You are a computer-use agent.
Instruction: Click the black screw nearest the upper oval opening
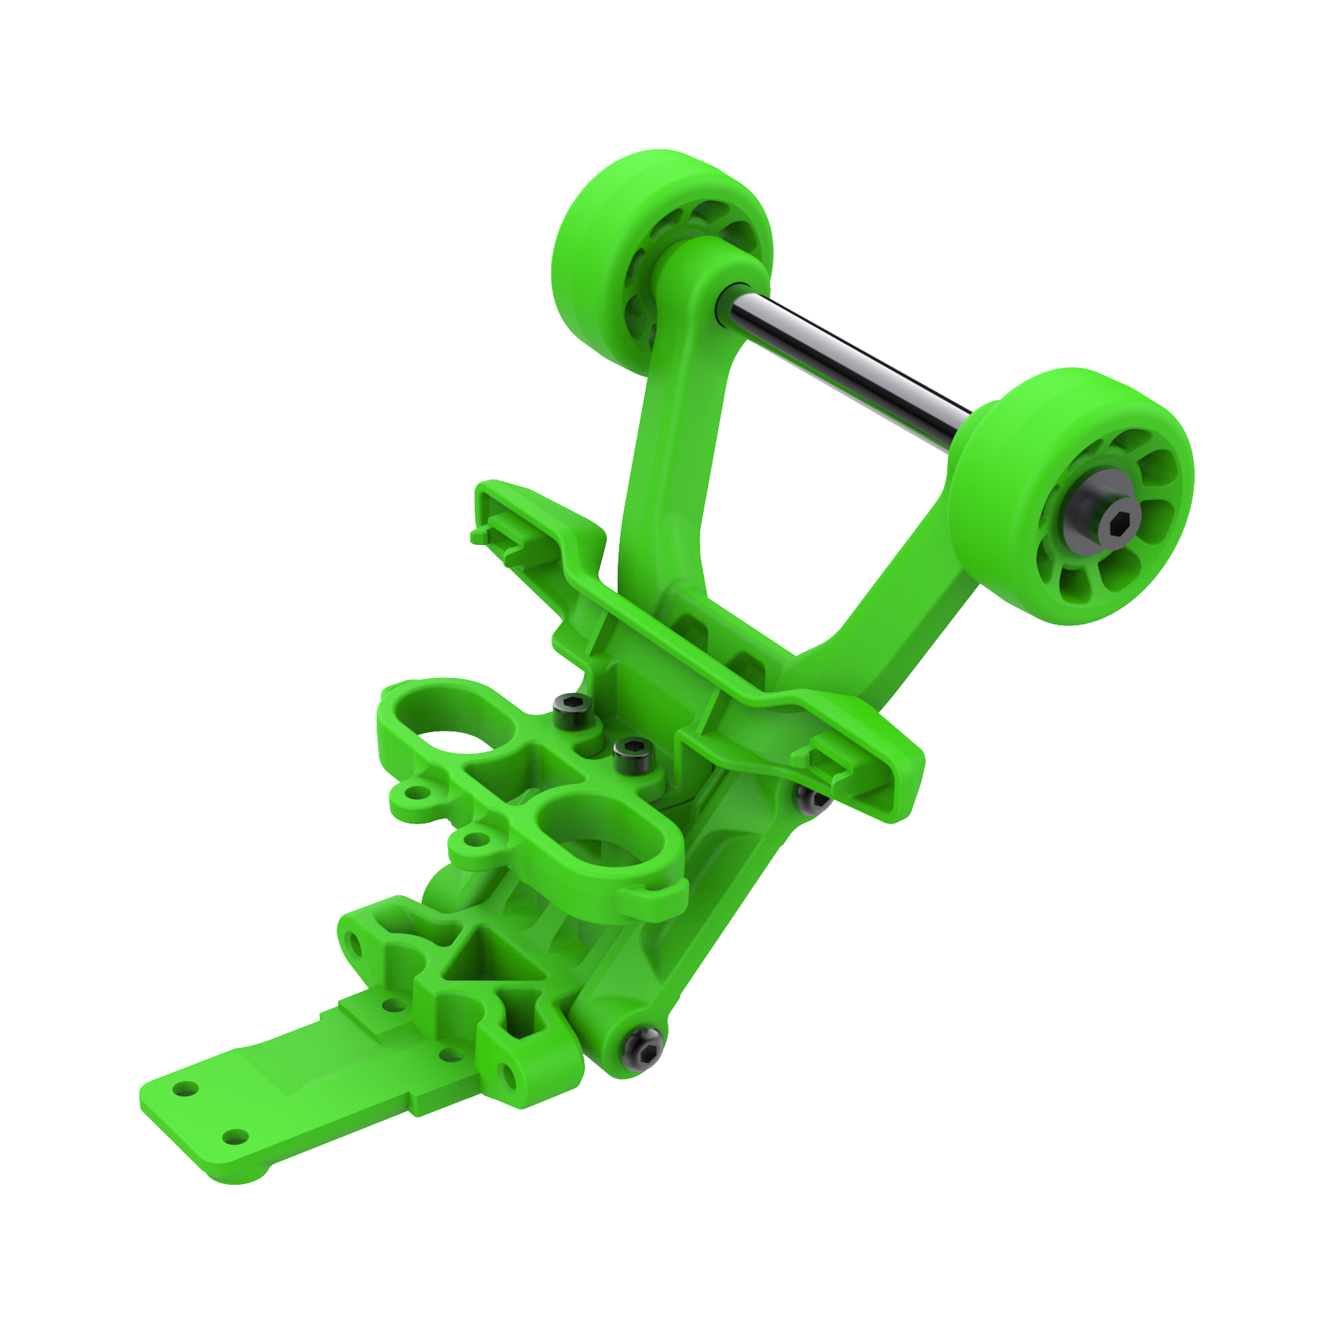click(573, 706)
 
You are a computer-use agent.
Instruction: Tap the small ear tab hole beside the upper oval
click(416, 793)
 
